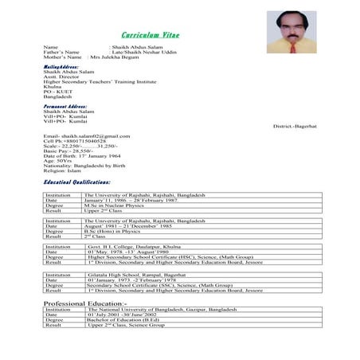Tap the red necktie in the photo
click(x=292, y=46)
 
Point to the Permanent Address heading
click(x=65, y=105)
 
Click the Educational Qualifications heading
click(x=82, y=182)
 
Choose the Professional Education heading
click(x=84, y=304)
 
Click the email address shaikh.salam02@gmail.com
click(x=86, y=136)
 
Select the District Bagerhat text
click(x=295, y=127)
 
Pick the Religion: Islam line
click(x=62, y=170)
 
